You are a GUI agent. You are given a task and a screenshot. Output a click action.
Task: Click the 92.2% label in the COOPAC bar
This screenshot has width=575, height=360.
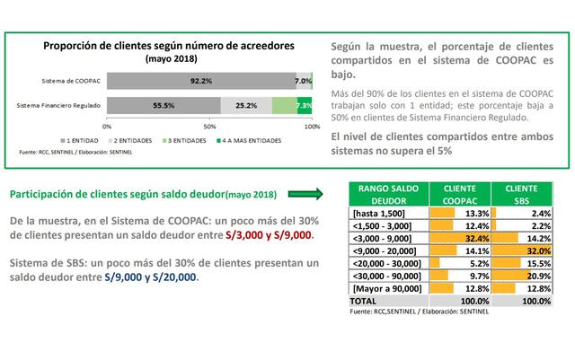201,81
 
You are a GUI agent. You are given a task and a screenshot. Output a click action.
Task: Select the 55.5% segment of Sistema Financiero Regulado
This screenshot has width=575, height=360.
164,106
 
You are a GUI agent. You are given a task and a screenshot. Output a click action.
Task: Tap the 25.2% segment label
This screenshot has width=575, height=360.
244,106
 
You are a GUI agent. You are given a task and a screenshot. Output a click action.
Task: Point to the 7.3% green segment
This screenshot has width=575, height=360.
304,106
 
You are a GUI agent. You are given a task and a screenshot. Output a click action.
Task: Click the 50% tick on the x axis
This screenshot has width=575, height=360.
209,127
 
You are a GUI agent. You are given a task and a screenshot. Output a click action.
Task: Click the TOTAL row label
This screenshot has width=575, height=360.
361,301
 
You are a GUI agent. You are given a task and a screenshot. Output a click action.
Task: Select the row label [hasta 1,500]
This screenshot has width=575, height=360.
375,214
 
